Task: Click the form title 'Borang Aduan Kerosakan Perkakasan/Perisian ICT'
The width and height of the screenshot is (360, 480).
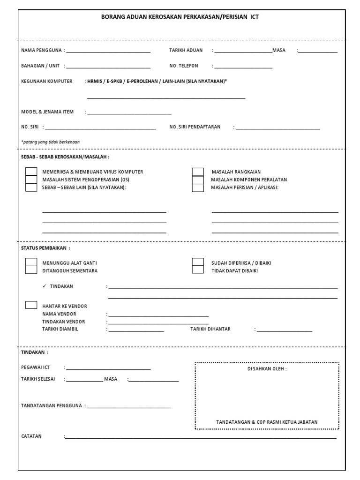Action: (x=180, y=17)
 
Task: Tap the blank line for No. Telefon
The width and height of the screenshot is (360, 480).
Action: (x=243, y=67)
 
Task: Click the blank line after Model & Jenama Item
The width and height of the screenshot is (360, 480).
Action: (x=129, y=113)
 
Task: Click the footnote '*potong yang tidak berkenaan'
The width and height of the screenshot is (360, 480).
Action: (x=51, y=142)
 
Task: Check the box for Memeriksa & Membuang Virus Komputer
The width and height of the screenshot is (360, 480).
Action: (x=31, y=172)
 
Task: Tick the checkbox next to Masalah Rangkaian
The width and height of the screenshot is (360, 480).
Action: (x=198, y=172)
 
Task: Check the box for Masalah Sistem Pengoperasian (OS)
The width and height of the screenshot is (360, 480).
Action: (x=31, y=180)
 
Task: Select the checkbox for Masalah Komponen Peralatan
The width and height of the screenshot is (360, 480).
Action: (x=198, y=180)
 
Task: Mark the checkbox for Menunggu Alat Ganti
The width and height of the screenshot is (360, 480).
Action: (x=31, y=262)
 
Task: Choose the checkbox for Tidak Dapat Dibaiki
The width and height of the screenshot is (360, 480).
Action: (x=198, y=270)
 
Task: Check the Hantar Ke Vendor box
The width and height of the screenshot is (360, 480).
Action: (x=31, y=305)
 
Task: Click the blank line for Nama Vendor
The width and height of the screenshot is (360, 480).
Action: (x=158, y=315)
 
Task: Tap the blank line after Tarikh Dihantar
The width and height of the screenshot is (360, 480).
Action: (x=284, y=330)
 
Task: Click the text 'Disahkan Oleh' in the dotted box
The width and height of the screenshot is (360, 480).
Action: (x=267, y=369)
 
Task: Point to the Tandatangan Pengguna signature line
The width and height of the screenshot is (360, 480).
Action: (x=129, y=407)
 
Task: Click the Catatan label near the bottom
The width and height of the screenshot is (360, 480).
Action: (x=31, y=436)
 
